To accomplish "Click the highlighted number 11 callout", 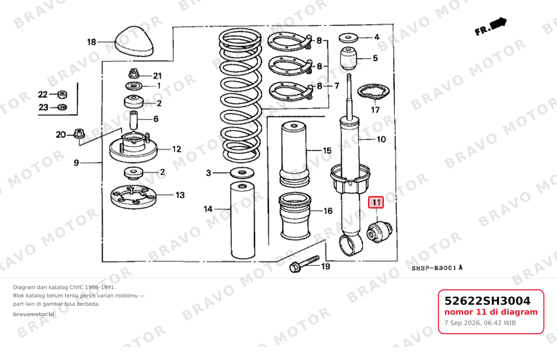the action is [x=376, y=202].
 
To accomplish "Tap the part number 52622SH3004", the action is [x=487, y=301].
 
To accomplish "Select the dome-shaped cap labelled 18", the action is [x=134, y=41].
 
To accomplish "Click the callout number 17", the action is [x=375, y=110].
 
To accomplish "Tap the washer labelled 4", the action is [x=348, y=38].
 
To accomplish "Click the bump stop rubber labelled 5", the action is [x=348, y=58].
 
